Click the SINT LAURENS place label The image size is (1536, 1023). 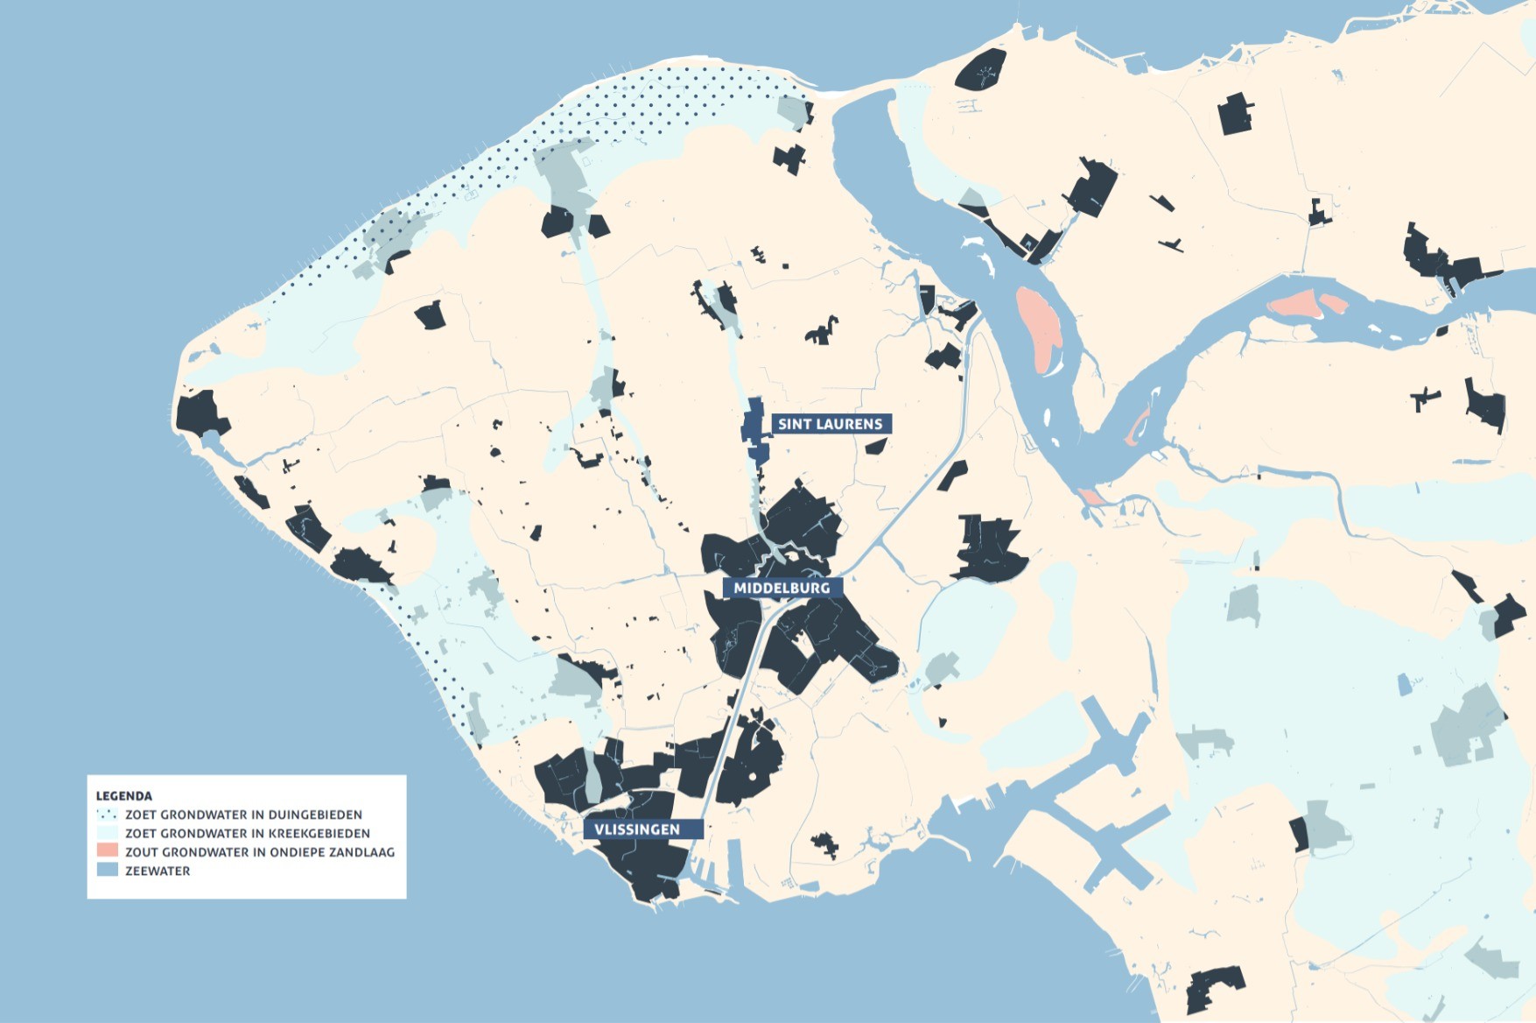coord(830,424)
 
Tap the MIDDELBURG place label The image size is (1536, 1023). coord(782,588)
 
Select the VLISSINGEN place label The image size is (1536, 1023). coord(637,829)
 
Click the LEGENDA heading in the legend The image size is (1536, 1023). coord(123,796)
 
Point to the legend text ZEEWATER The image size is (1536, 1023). coord(158,871)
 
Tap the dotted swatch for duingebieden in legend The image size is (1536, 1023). coord(107,815)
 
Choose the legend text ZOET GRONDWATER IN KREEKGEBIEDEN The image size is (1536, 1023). coord(248,833)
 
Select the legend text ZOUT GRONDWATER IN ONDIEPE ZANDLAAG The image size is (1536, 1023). coord(260,851)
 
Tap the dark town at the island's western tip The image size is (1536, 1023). coord(200,414)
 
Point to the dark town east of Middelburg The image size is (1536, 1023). coord(990,549)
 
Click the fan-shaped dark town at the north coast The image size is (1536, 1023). coord(981,70)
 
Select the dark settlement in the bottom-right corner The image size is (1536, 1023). coord(1215,989)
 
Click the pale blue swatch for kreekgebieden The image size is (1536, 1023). coord(107,833)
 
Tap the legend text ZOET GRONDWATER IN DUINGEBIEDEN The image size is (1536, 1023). coord(243,815)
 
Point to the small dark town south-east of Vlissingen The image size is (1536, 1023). coord(824,844)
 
